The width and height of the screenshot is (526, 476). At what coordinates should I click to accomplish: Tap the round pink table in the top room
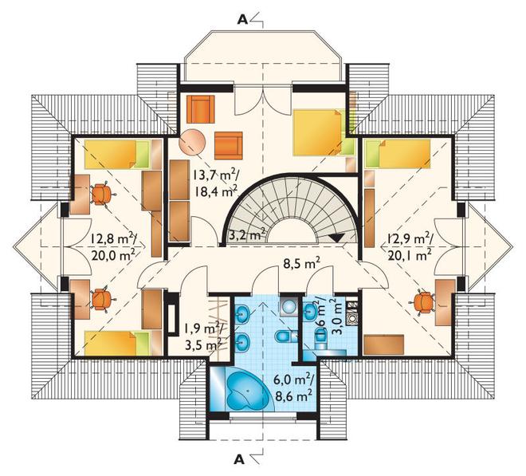(192, 143)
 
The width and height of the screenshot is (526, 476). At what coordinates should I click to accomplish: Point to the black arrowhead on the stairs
(336, 237)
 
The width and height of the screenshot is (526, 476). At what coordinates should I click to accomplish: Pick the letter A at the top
(242, 20)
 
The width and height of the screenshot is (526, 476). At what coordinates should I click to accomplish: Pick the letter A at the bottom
(238, 459)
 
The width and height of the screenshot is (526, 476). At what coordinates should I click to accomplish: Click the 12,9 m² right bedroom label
(410, 239)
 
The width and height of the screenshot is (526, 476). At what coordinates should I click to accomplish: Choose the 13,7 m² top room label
(215, 175)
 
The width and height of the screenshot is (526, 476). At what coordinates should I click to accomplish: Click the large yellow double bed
(320, 132)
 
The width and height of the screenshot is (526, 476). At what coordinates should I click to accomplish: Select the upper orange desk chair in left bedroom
(101, 195)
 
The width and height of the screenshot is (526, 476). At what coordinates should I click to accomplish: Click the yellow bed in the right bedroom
(398, 154)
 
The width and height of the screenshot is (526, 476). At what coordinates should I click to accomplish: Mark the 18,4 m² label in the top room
(216, 192)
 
